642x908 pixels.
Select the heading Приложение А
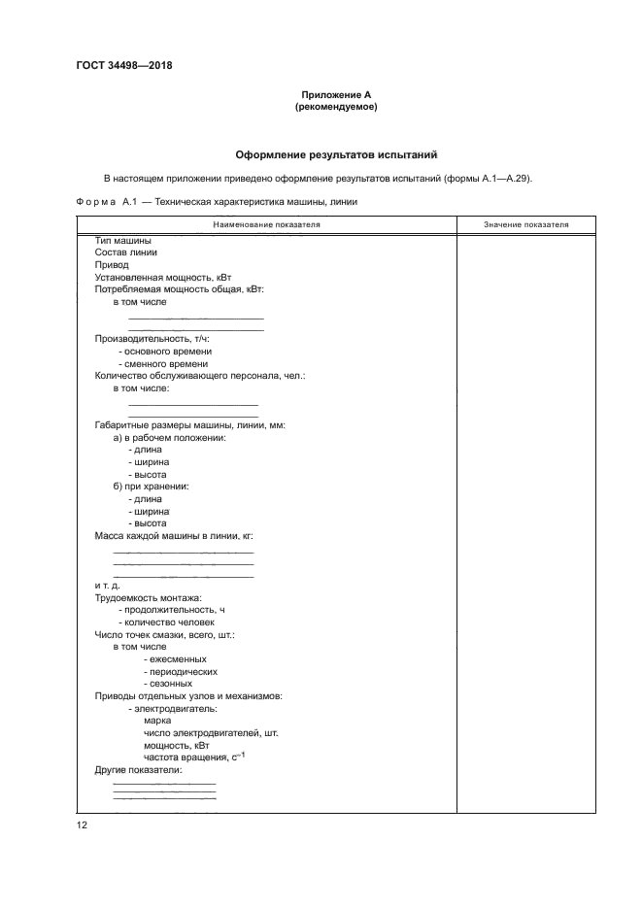(336, 94)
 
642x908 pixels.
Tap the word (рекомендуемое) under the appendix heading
(336, 107)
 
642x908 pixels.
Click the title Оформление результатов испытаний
(336, 154)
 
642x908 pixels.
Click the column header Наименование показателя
(266, 225)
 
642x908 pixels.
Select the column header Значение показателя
(525, 225)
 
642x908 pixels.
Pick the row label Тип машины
(122, 240)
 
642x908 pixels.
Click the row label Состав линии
(125, 252)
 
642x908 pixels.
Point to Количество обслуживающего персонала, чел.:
(199, 376)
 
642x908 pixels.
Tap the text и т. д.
(107, 586)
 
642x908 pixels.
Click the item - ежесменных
(174, 658)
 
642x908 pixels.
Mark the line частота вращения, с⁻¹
(189, 757)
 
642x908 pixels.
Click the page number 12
(82, 824)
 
